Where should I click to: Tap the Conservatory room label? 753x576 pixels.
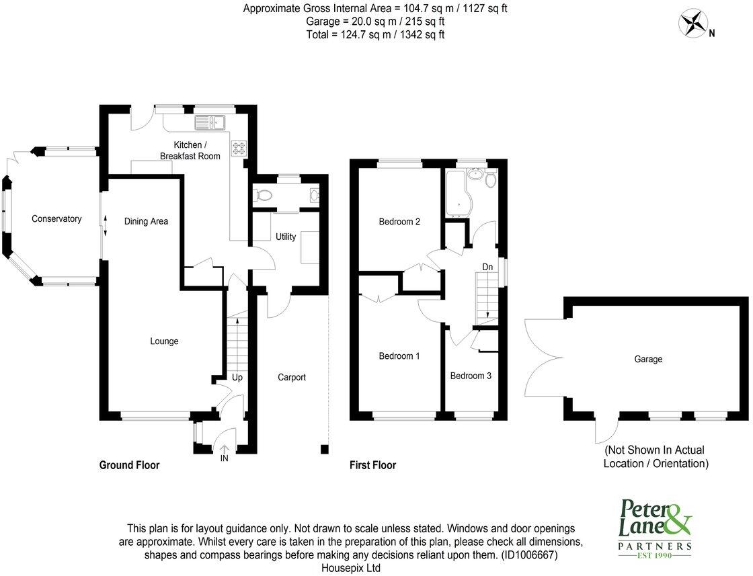(56, 219)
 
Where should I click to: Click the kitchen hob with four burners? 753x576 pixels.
(239, 148)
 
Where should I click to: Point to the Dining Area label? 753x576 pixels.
(146, 221)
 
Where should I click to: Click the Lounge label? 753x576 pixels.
(164, 341)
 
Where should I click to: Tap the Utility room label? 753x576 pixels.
(286, 237)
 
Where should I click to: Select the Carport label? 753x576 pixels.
(292, 378)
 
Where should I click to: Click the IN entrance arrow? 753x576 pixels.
(223, 452)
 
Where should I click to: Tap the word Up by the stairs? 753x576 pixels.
(237, 378)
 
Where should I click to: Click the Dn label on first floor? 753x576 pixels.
(487, 268)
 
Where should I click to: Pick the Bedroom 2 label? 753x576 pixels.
(399, 222)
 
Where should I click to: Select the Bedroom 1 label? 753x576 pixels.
(399, 356)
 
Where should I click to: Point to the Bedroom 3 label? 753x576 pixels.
(471, 376)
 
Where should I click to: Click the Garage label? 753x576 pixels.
(648, 360)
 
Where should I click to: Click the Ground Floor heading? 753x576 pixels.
(129, 465)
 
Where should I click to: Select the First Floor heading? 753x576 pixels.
(372, 465)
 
